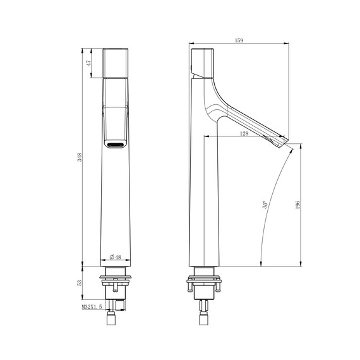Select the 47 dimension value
[89, 63]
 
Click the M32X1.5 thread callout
[92, 306]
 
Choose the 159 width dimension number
[239, 41]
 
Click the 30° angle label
[266, 205]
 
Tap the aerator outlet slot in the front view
[116, 145]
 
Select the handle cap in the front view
[116, 63]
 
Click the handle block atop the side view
[203, 62]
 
